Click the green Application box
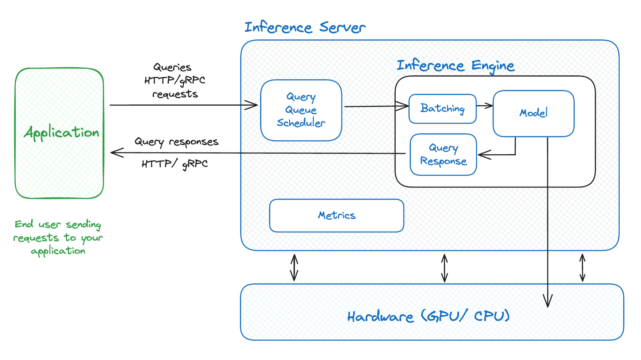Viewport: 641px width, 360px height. click(59, 133)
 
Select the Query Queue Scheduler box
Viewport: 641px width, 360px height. click(301, 110)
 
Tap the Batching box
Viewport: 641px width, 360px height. click(442, 108)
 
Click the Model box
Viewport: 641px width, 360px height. click(533, 113)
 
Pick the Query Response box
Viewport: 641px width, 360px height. click(443, 154)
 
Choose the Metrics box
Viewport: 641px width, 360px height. click(337, 216)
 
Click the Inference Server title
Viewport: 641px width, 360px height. click(305, 27)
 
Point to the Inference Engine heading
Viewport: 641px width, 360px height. click(455, 65)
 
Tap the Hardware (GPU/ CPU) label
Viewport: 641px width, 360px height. click(428, 316)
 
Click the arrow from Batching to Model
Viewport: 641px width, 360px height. click(484, 106)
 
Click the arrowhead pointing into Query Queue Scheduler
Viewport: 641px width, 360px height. click(252, 105)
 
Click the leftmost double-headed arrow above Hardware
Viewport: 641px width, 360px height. click(294, 267)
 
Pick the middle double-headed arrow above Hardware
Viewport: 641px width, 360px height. click(444, 268)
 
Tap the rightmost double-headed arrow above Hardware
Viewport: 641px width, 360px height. click(582, 268)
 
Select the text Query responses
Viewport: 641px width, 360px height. click(176, 142)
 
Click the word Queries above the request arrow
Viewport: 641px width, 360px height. click(172, 67)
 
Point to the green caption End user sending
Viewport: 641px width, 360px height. click(58, 224)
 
